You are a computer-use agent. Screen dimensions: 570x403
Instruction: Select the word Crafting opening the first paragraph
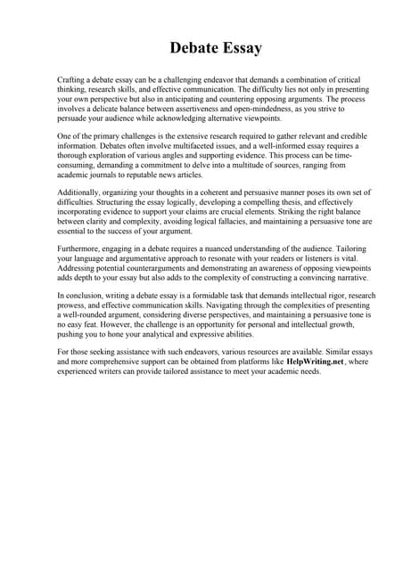tap(73, 81)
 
